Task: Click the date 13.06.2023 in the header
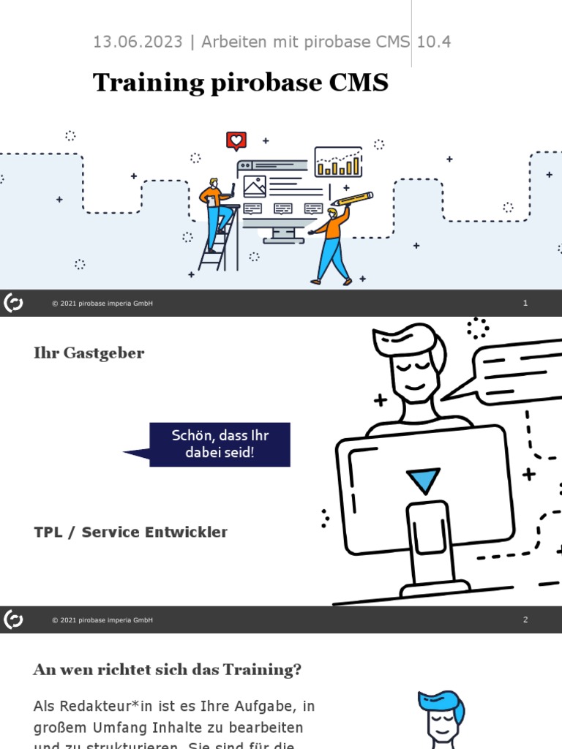[x=137, y=42]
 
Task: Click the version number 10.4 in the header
[x=434, y=42]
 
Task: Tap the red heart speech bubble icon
[x=236, y=140]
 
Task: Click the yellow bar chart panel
[x=338, y=162]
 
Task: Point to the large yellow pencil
[x=352, y=199]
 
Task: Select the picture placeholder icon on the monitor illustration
[x=255, y=187]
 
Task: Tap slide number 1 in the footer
[x=525, y=303]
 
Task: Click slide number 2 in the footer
[x=525, y=620]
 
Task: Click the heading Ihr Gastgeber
[x=89, y=353]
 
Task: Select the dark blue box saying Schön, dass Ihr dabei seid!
[x=220, y=444]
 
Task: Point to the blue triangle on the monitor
[x=423, y=480]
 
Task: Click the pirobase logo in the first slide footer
[x=13, y=303]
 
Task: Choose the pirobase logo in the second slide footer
[x=13, y=620]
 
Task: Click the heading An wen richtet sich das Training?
[x=168, y=669]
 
